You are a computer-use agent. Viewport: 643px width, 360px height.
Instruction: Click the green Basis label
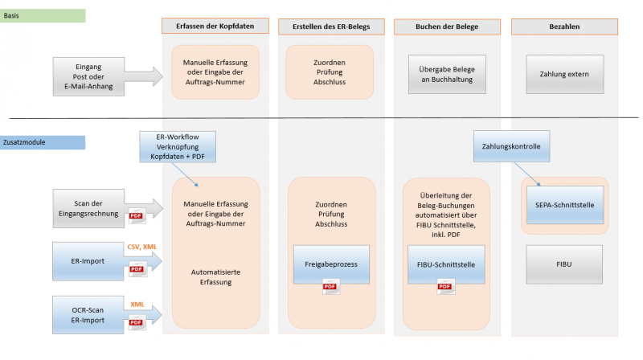click(x=43, y=15)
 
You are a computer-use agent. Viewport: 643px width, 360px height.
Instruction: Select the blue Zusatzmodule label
click(x=43, y=142)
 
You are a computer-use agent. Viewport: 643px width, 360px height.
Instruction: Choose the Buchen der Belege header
click(x=447, y=27)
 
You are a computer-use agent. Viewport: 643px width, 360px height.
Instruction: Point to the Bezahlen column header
click(x=564, y=27)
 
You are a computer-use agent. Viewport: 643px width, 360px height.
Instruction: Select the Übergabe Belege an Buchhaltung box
click(x=447, y=74)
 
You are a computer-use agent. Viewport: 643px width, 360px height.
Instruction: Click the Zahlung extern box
click(x=564, y=75)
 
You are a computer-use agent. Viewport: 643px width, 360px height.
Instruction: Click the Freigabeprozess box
click(x=330, y=263)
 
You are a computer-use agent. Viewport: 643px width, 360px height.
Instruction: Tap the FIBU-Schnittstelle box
click(x=447, y=263)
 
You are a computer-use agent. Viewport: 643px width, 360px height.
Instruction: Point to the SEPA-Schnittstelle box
click(x=564, y=206)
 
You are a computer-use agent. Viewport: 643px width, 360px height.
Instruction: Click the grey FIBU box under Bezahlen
click(x=564, y=263)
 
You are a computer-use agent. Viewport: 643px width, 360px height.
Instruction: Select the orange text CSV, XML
click(x=142, y=247)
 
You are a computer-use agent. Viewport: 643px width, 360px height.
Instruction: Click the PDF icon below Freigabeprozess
click(x=330, y=287)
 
